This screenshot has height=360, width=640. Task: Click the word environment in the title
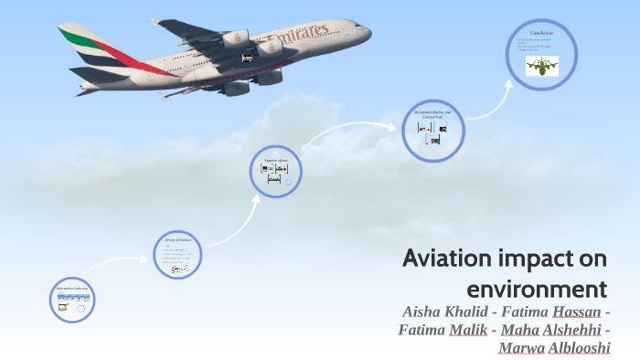pyautogui.click(x=538, y=290)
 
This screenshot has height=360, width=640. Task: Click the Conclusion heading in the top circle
pyautogui.click(x=541, y=33)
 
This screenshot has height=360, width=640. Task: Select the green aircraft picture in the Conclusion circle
pyautogui.click(x=542, y=65)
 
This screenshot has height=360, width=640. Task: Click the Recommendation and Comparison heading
pyautogui.click(x=432, y=114)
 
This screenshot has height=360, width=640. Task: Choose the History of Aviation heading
pyautogui.click(x=177, y=239)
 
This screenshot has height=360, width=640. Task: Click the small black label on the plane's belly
pyautogui.click(x=247, y=58)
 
